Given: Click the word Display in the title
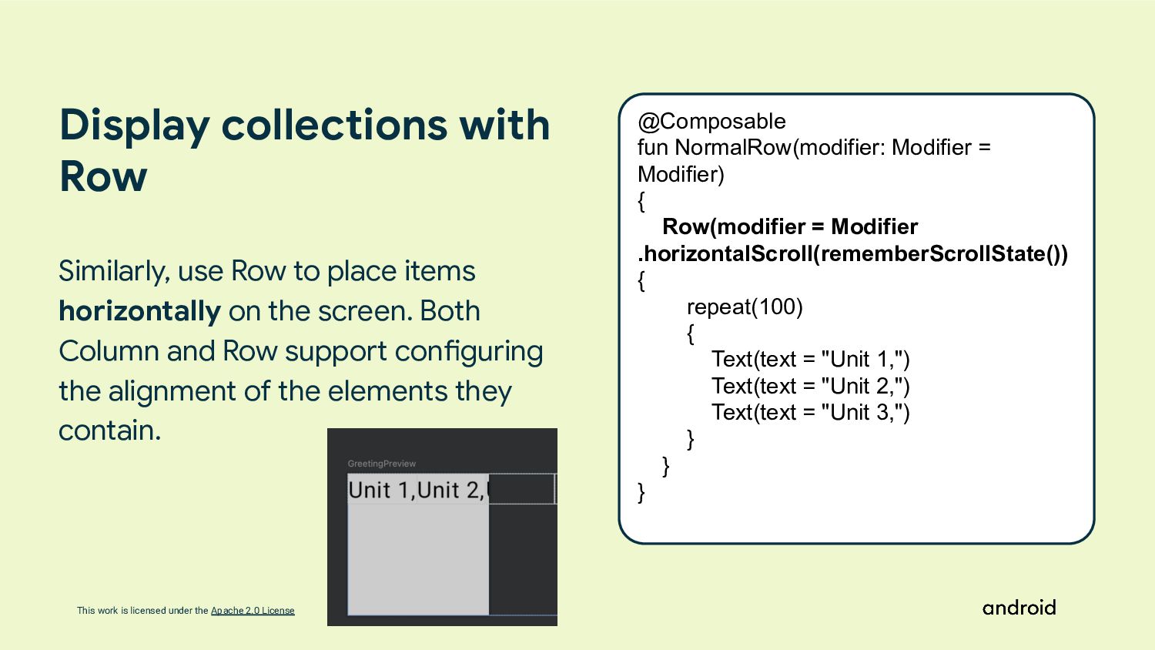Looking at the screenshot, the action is pos(135,125).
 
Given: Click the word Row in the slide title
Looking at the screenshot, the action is pos(103,176).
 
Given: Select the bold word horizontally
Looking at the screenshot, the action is pos(139,311).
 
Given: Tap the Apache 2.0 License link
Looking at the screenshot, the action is pos(253,611).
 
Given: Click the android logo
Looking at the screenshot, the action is pos(1019,608).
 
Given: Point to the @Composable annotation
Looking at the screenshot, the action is pos(711,122).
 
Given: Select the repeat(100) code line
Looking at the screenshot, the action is pos(745,307).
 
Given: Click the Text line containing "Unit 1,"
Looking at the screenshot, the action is pos(810,360).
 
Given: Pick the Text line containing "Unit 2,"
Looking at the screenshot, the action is pos(810,386).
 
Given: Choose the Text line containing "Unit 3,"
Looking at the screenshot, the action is pos(810,412).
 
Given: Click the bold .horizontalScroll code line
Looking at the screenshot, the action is pos(852,253).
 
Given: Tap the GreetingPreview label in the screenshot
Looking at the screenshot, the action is pos(382,464).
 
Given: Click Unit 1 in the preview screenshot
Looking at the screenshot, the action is pos(380,490).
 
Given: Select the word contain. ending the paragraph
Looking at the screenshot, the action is pos(110,431).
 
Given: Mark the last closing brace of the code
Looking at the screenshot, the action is pos(641,492).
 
